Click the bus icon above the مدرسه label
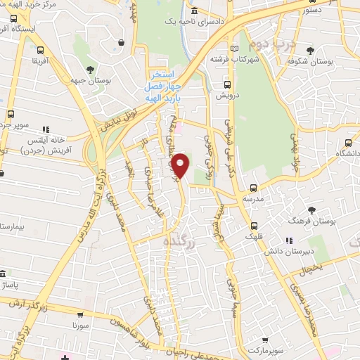(254, 188)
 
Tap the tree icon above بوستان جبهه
(91, 69)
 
